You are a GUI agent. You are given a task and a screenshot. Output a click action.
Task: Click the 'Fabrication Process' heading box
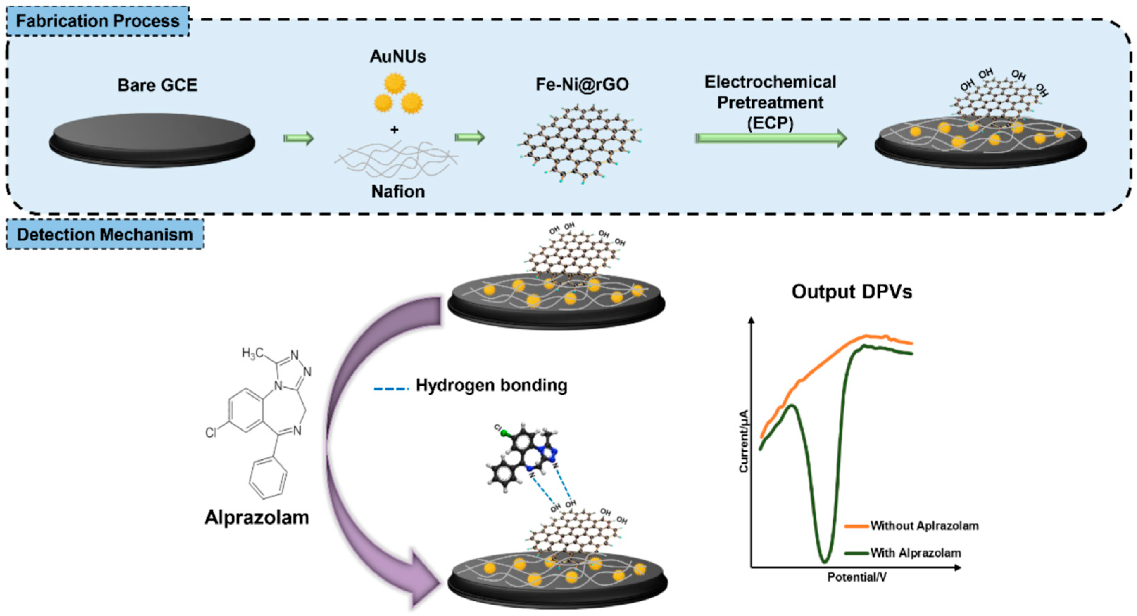coord(98,21)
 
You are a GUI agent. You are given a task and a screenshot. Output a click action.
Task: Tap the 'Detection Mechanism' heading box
coord(105,234)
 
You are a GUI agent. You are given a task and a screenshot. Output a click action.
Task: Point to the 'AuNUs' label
coord(398,57)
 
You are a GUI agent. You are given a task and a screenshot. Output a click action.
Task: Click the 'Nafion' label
coord(398,191)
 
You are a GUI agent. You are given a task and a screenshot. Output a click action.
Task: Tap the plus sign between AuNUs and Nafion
coord(394,130)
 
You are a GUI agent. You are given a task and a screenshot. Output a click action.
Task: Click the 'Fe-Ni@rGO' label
coord(582,84)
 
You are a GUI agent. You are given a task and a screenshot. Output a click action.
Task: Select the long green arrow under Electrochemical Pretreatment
coord(771,138)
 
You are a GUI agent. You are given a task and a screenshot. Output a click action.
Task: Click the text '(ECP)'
coord(770,123)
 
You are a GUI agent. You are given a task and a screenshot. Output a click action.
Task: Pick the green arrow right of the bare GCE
coord(299,138)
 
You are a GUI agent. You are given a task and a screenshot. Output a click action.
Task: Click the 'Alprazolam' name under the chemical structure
coord(257,517)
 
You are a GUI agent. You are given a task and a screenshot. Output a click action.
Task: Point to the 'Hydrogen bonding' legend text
coord(491,386)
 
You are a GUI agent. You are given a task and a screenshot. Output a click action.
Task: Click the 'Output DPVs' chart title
coord(852,292)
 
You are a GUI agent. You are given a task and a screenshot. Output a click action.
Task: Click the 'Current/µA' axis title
coord(744,441)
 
